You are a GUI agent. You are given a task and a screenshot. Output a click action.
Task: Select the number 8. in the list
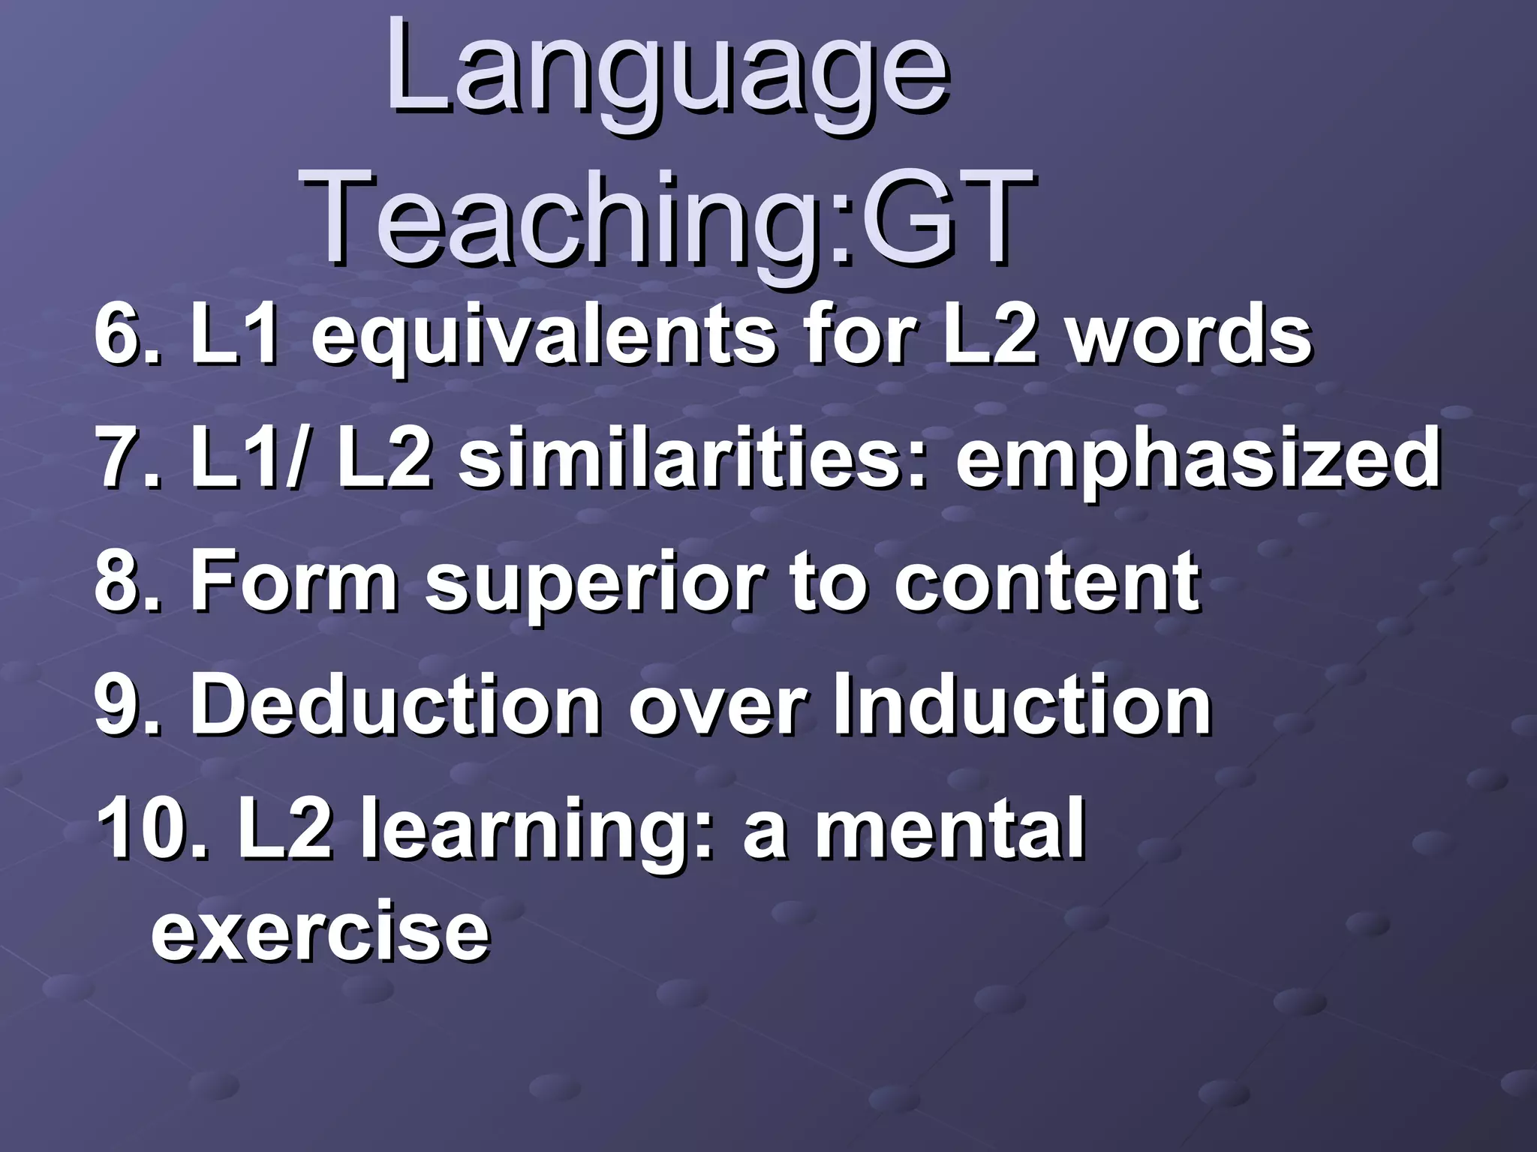tap(127, 581)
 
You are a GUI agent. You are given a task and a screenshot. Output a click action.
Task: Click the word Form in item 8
tap(293, 581)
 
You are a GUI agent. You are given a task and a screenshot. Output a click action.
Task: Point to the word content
tap(1046, 581)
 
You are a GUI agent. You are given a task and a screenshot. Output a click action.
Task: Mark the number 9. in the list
tap(127, 706)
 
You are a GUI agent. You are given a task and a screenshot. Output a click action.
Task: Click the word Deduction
tap(395, 706)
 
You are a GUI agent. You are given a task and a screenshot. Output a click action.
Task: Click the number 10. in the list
tap(151, 829)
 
